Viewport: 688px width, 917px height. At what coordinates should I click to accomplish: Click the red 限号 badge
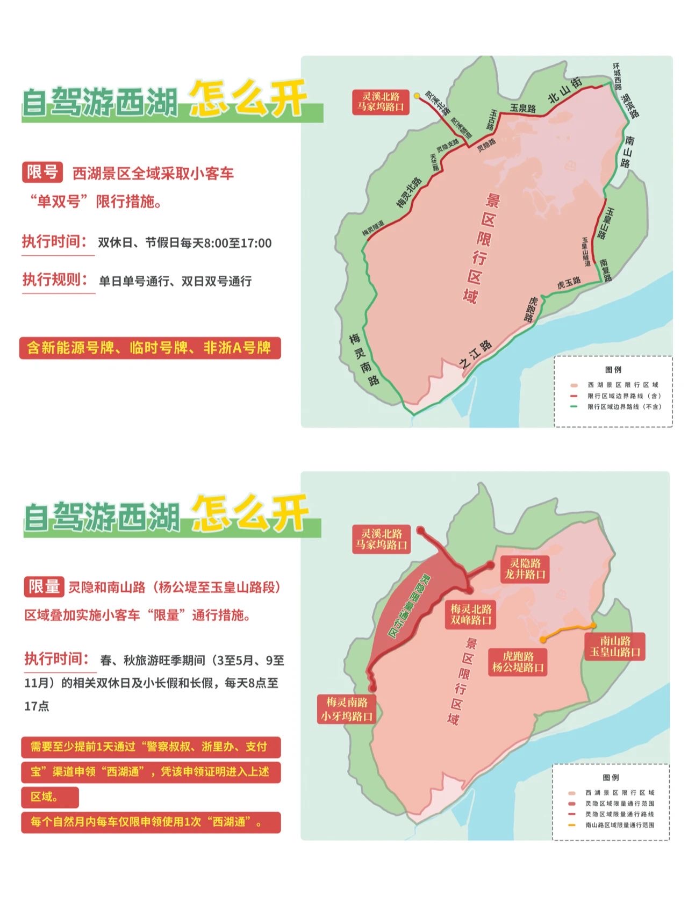[42, 172]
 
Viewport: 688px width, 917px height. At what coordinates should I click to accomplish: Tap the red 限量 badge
[44, 586]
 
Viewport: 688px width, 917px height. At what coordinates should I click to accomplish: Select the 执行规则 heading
[55, 280]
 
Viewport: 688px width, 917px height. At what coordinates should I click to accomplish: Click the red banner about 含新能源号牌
[149, 348]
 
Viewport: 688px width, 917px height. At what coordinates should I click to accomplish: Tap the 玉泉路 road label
[522, 108]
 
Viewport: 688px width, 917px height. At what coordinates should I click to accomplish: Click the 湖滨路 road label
[629, 106]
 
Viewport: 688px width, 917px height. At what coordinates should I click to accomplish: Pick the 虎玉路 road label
[569, 283]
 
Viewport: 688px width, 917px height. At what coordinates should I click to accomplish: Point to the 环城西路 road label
[617, 76]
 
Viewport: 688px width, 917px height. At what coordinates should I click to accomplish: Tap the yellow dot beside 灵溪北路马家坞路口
[417, 96]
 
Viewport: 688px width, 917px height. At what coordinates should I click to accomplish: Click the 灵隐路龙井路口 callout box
[525, 569]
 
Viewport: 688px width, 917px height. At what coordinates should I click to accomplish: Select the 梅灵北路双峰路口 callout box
[471, 614]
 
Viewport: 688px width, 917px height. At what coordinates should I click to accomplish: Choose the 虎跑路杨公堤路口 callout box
[518, 662]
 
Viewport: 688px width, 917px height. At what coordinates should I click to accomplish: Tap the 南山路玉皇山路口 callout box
[615, 646]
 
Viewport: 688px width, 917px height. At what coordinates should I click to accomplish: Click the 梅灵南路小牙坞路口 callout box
[347, 709]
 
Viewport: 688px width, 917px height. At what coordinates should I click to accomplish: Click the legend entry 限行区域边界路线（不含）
[623, 407]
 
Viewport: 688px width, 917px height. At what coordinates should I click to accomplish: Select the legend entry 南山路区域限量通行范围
[619, 825]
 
